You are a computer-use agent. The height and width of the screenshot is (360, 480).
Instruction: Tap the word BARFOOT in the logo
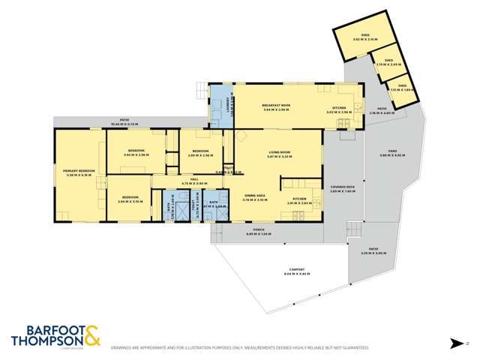point(46,328)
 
